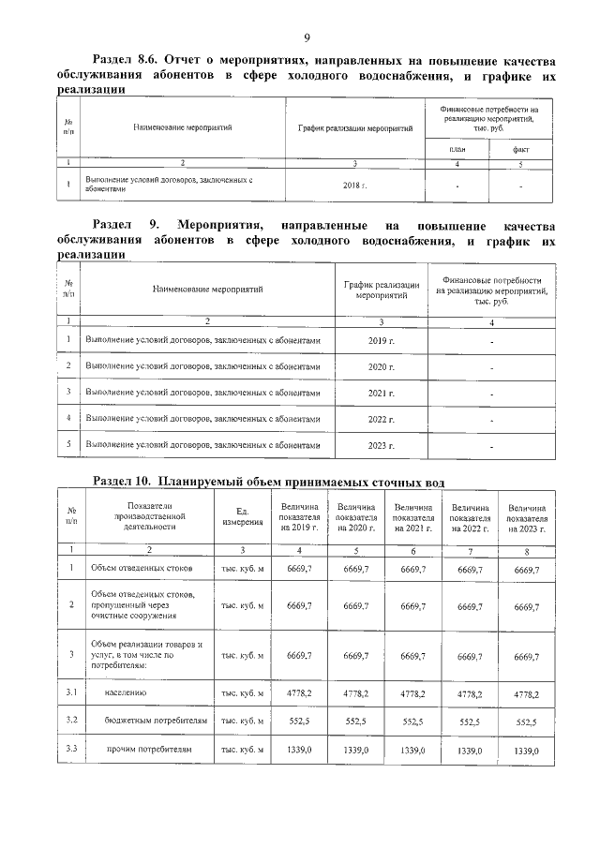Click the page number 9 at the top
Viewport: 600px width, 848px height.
(x=306, y=37)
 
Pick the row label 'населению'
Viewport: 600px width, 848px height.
(x=124, y=693)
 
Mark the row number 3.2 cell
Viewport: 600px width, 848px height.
(x=70, y=722)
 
